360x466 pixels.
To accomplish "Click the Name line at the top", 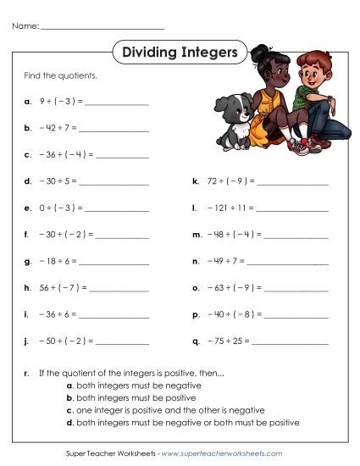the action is (x=102, y=26).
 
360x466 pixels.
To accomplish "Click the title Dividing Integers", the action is (x=180, y=53).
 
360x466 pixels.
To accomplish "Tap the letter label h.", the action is (x=29, y=286).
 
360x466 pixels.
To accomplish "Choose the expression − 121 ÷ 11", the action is (x=228, y=207).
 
